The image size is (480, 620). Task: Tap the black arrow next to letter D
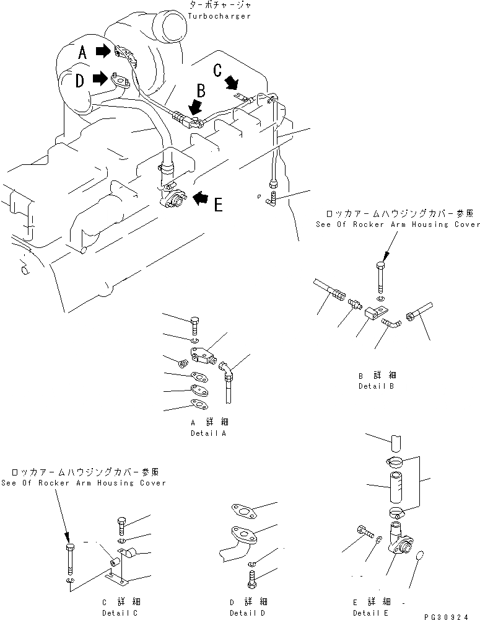pyautogui.click(x=99, y=79)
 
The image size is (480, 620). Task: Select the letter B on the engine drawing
pyautogui.click(x=200, y=91)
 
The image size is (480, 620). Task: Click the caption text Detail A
pyautogui.click(x=208, y=433)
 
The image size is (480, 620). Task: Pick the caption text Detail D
pyautogui.click(x=247, y=613)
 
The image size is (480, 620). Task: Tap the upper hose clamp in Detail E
pyautogui.click(x=395, y=461)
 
